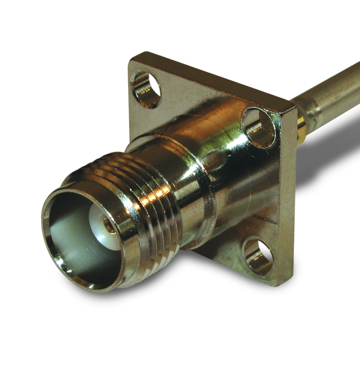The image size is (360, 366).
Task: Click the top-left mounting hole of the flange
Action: pos(146,89)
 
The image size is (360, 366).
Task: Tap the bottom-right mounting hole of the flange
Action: pos(258,257)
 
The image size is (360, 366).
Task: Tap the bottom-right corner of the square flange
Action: pos(282,283)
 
